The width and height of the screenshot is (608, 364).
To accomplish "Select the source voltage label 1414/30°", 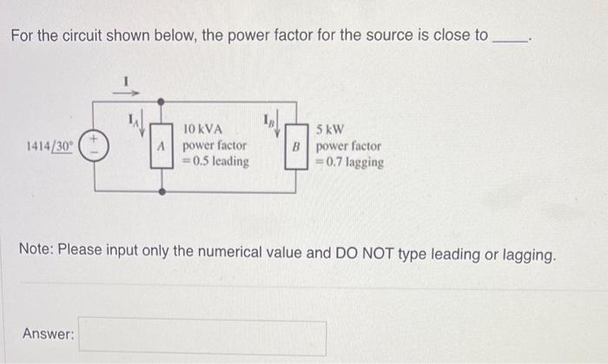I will pos(50,145).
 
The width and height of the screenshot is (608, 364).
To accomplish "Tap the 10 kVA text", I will pos(203,129).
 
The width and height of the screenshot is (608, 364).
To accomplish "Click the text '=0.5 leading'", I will pos(215,161).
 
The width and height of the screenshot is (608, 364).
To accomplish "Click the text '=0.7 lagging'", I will pos(349,162).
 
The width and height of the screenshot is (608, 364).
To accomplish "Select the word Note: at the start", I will pos(37,255).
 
